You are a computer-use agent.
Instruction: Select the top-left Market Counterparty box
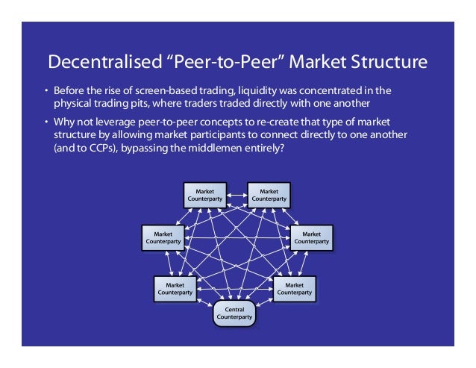pos(204,195)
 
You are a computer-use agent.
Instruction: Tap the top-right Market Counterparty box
pos(269,195)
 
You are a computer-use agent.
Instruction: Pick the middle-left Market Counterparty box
pos(163,237)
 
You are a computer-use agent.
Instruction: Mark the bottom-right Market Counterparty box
pos(295,288)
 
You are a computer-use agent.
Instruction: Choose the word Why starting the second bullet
pos(61,122)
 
